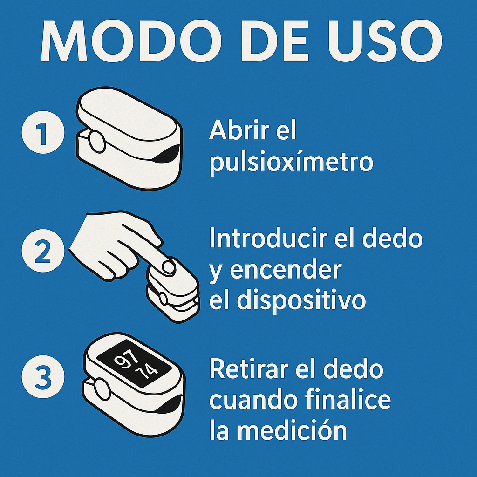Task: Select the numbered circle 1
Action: pyautogui.click(x=42, y=134)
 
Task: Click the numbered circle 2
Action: pyautogui.click(x=42, y=252)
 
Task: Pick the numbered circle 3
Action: pyautogui.click(x=42, y=378)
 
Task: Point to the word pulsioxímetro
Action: pyautogui.click(x=291, y=163)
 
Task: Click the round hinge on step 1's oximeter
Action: pyautogui.click(x=97, y=142)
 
